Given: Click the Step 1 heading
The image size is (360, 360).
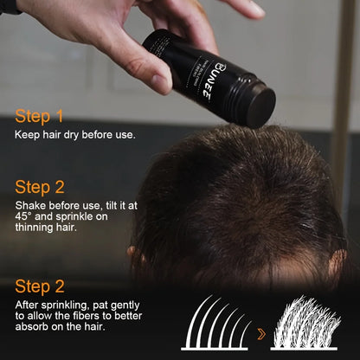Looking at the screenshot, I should [39, 116].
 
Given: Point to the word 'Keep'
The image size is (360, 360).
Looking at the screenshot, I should [26, 135].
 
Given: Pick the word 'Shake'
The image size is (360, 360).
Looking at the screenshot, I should [30, 204].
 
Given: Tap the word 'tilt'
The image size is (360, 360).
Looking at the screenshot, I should [103, 204].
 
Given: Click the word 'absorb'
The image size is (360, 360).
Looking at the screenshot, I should [32, 329].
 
